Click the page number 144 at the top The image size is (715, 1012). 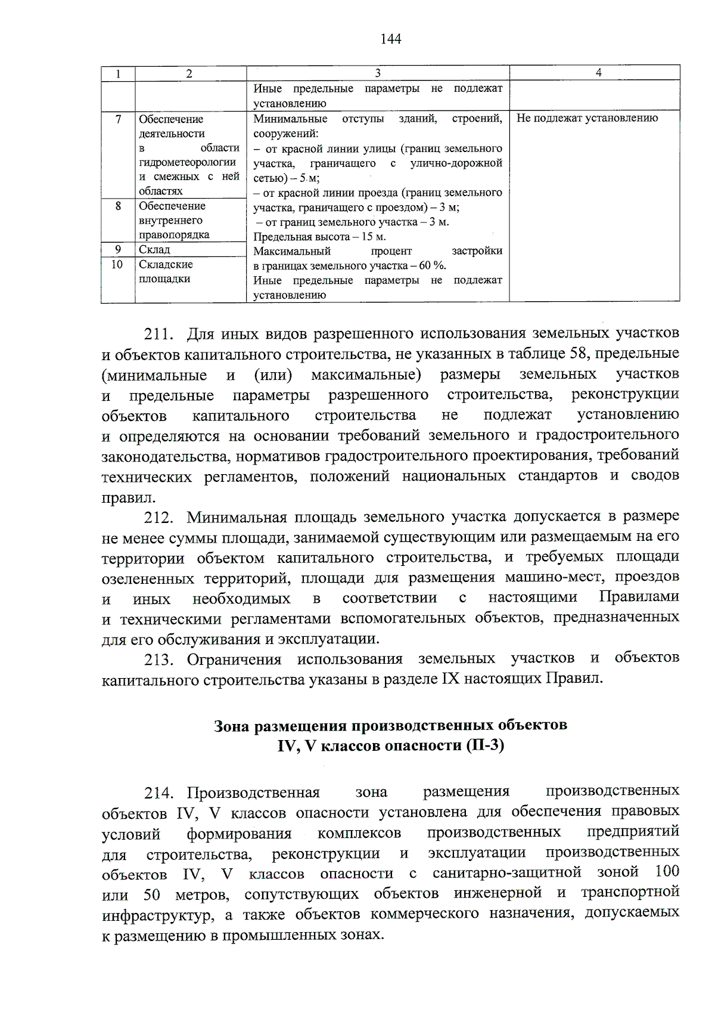[x=390, y=39]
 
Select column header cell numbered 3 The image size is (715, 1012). [x=377, y=73]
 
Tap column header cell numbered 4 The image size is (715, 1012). [x=598, y=73]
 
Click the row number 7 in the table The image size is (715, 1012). [x=118, y=119]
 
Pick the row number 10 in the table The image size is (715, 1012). [x=117, y=264]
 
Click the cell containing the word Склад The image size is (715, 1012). [x=154, y=249]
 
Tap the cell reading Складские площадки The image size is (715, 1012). [x=165, y=271]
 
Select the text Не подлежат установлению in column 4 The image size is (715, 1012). [x=587, y=118]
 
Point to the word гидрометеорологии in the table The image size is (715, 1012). [x=187, y=162]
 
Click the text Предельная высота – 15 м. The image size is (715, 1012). [x=319, y=237]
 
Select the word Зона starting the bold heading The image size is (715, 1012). [x=232, y=726]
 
